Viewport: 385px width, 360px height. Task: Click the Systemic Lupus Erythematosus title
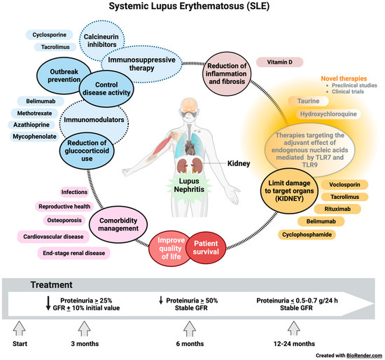coord(192,8)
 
